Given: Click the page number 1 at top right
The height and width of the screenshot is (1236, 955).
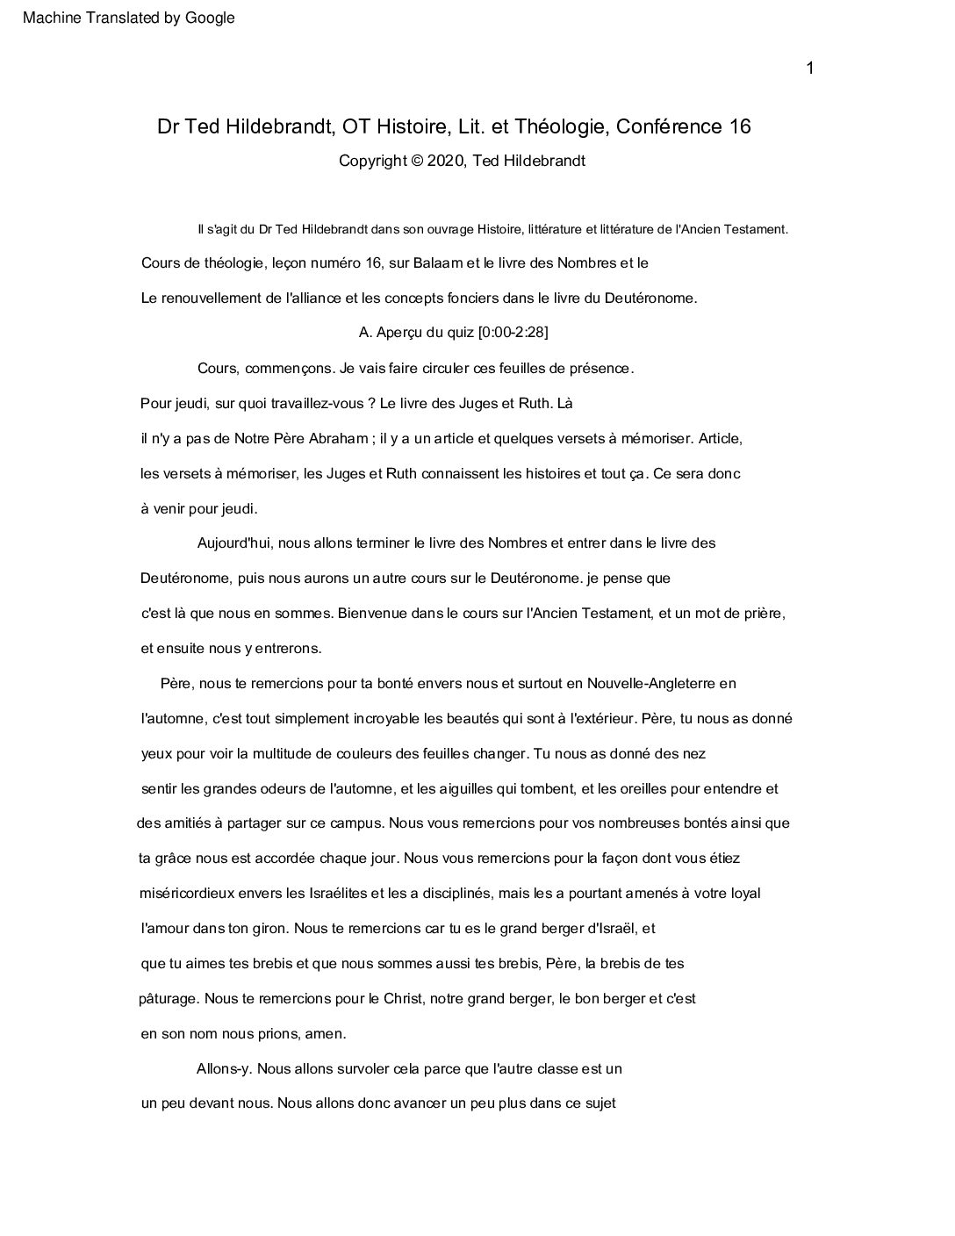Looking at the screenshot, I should [810, 68].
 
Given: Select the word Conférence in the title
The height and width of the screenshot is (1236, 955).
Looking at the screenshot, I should [670, 126].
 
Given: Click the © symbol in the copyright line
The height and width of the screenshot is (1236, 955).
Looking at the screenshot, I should [416, 161].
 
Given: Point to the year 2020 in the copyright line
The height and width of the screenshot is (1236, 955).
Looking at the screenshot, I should [445, 161].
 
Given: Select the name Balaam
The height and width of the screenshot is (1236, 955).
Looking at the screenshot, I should [466, 262].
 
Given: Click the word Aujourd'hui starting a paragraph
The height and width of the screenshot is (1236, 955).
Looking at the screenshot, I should [235, 543].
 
